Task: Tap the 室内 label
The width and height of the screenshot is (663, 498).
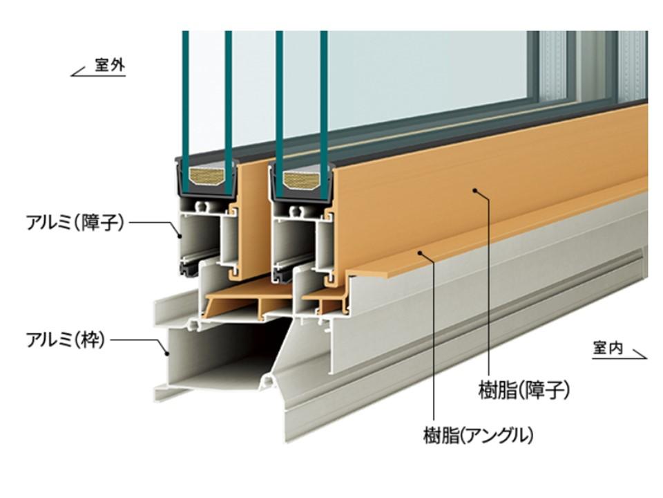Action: (608, 348)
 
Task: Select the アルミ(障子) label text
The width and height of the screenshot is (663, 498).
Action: (75, 223)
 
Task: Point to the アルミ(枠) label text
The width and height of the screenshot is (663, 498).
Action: (66, 340)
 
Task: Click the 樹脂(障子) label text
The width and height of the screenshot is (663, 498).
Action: (524, 391)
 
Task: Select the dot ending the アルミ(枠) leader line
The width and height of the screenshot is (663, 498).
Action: (167, 353)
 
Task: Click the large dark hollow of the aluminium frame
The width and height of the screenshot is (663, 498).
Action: (221, 353)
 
